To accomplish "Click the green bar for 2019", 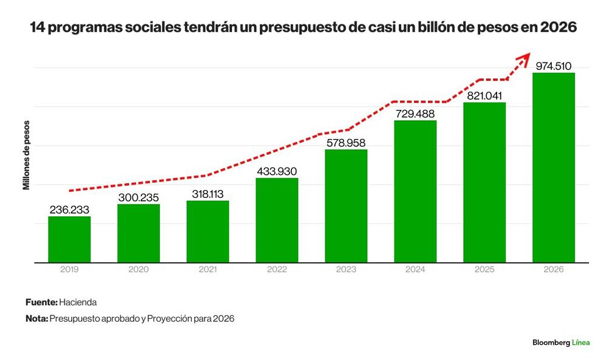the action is [69, 239].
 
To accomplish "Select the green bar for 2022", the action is [277, 220].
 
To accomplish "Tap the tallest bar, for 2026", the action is [554, 168].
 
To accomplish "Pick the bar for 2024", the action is [415, 192].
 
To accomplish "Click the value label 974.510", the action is [554, 66].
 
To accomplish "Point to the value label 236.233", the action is [69, 210].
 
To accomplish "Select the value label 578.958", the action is [346, 143].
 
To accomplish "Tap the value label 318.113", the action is [208, 194].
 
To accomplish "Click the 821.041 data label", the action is [484, 95].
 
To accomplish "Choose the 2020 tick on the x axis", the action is [138, 269].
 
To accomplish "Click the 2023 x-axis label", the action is [346, 269].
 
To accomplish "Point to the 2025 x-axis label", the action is [484, 269].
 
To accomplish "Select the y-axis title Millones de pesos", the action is [26, 155].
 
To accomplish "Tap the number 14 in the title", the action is [38, 27].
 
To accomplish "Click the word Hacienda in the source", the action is [78, 302].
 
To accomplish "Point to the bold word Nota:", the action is [37, 319].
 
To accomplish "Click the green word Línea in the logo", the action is [581, 342].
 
